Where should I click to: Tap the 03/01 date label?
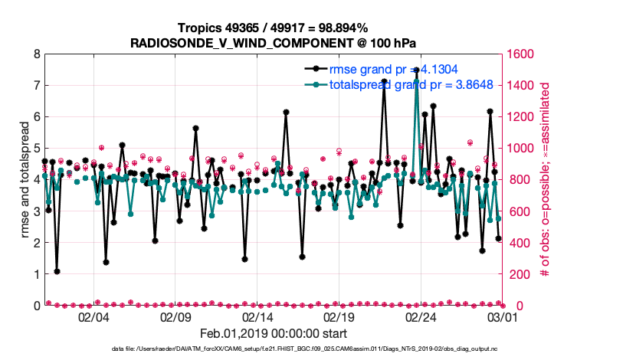point(503,317)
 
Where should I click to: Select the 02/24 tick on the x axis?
point(421,317)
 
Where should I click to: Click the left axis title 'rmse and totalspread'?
point(25,180)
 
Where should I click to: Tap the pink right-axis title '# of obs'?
point(546,180)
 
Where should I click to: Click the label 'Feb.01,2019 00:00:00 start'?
point(274,333)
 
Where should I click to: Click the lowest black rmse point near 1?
point(57,271)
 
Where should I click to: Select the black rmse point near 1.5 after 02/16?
point(302,257)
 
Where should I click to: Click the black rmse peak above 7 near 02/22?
point(384,81)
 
